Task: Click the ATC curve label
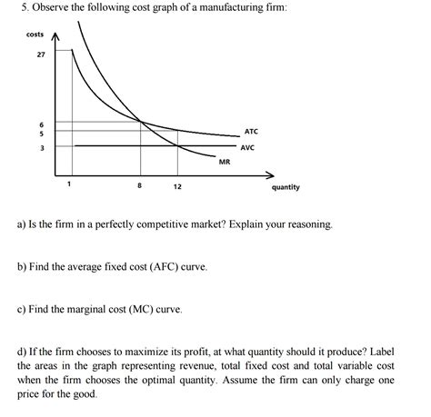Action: pyautogui.click(x=252, y=132)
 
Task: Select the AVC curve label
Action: pyautogui.click(x=248, y=147)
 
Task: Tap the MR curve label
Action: pyautogui.click(x=225, y=162)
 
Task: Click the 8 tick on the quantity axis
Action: pyautogui.click(x=140, y=186)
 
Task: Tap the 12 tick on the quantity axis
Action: pyautogui.click(x=177, y=186)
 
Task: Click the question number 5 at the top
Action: pyautogui.click(x=20, y=8)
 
